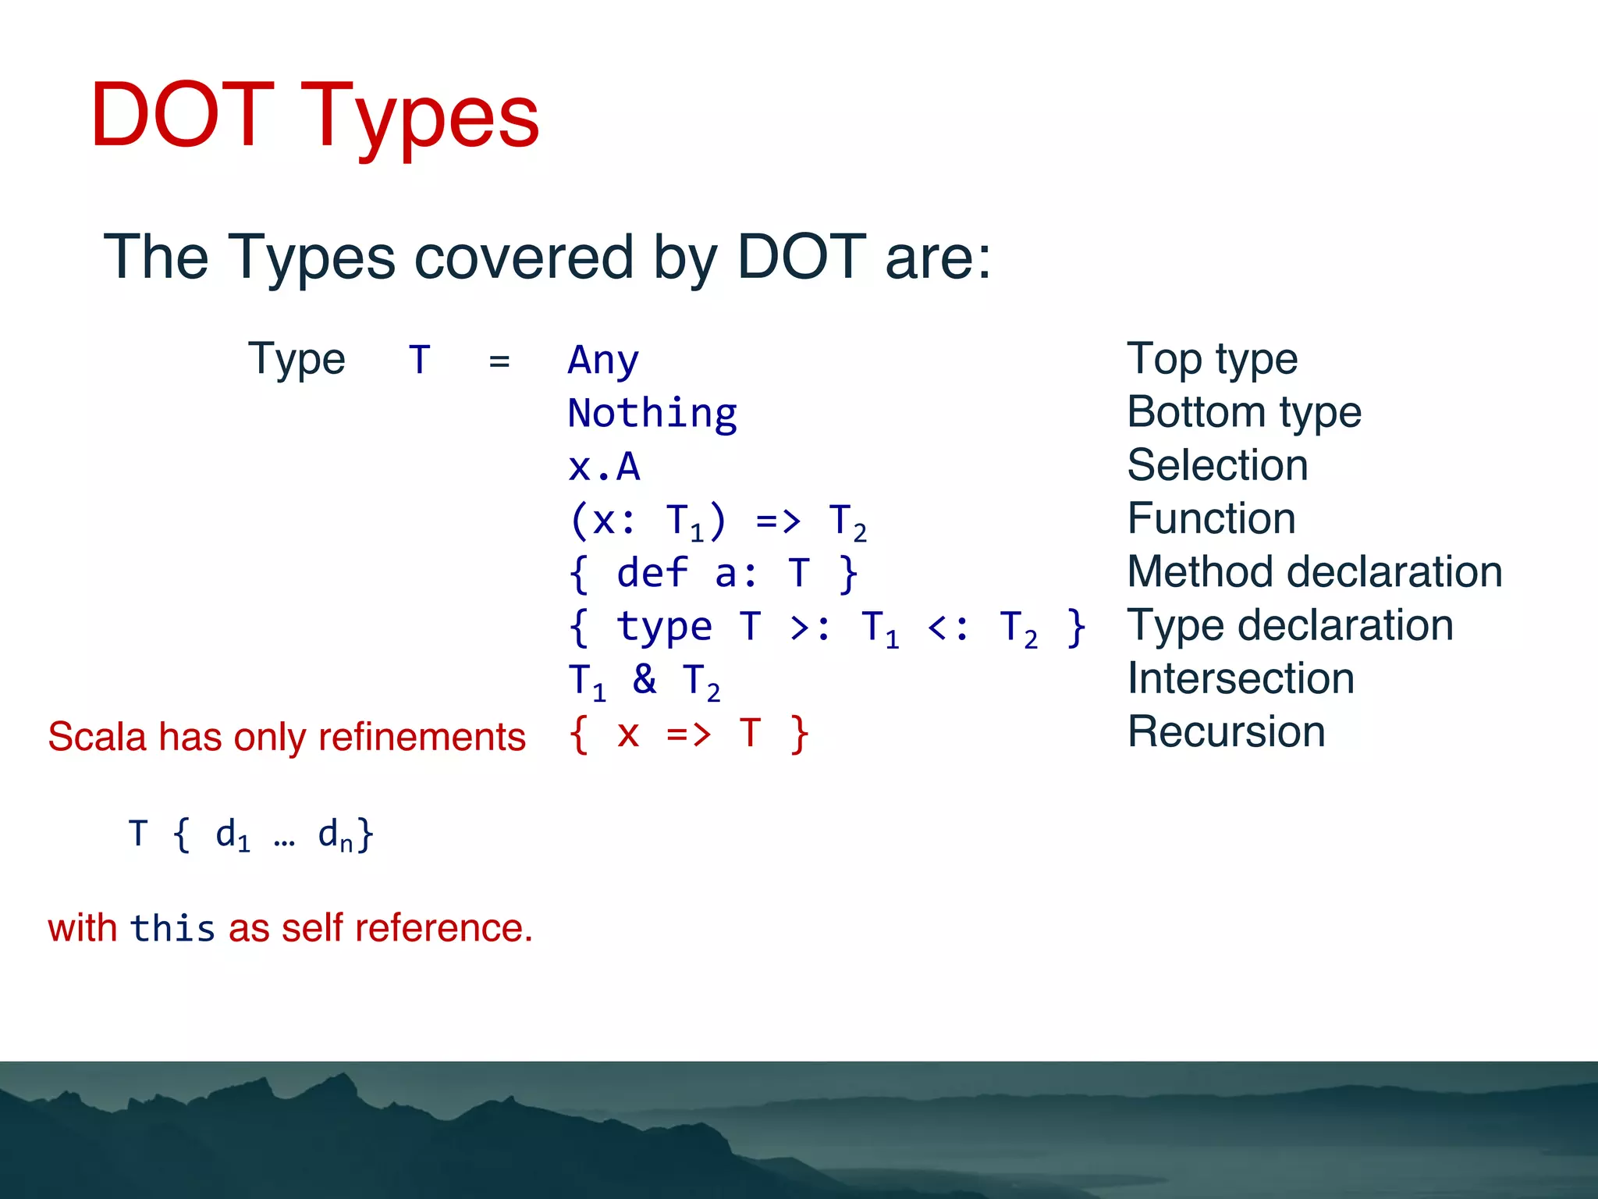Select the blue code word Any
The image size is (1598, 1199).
click(603, 361)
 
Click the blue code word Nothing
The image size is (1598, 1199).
click(652, 414)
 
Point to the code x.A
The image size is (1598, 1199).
click(604, 467)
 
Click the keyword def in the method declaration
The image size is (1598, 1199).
click(652, 574)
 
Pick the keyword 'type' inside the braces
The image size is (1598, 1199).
click(664, 627)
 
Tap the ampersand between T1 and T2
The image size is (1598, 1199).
click(645, 678)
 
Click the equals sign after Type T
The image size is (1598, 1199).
click(499, 361)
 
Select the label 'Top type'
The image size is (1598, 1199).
click(1212, 359)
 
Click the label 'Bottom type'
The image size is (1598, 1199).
click(1244, 412)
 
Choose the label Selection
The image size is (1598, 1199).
click(1217, 465)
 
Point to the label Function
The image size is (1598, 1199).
click(1211, 518)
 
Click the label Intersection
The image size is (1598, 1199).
click(1241, 678)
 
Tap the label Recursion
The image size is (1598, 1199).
click(1226, 732)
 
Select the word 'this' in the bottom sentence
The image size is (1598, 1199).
click(172, 929)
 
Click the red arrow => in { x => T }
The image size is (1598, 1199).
click(688, 735)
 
